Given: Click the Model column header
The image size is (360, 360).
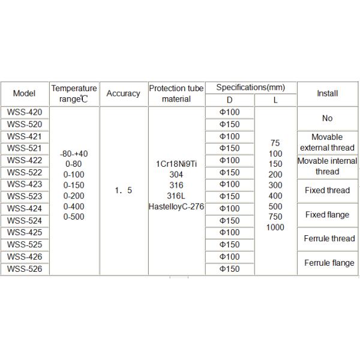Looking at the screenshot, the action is pos(24,94).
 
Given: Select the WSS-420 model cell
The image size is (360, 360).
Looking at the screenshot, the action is pos(24,112).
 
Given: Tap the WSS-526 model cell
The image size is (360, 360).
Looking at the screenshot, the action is pos(24,269).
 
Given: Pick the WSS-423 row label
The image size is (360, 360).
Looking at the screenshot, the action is pos(24,184).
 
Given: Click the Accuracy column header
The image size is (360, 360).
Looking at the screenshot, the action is pos(123,94).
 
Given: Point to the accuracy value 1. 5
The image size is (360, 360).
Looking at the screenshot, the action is pos(123,191).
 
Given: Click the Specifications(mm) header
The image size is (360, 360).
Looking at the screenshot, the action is pos(251,87).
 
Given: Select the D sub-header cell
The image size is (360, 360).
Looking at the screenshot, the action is pos(230,100).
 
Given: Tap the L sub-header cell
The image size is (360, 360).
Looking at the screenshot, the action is pos(275,100).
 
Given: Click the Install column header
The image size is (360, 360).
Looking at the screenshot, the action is pos(327,94).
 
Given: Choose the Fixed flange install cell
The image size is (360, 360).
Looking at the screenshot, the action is pos(327,215).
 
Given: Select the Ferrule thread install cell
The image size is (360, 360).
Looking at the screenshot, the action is pos(327,239).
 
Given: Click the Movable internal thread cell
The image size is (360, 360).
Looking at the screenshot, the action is pos(327,166).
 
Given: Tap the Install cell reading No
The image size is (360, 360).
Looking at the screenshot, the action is pos(327,118).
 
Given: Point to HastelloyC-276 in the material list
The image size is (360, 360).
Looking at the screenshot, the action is pos(176,207).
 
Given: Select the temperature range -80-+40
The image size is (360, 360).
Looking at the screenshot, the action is pos(74,154).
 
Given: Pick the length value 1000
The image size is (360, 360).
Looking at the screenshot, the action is pos(275,227).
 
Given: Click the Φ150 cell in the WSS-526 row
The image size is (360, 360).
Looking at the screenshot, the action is pos(230,269).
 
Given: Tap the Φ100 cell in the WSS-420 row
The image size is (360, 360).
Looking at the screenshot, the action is pos(230,112).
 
